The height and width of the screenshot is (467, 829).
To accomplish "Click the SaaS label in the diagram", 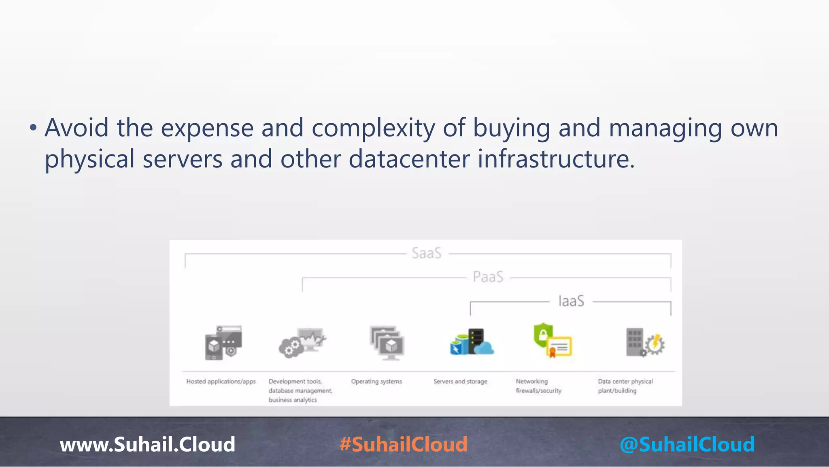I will click(426, 253).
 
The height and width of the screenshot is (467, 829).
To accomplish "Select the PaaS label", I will click(488, 277).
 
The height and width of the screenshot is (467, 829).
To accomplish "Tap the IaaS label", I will click(571, 301).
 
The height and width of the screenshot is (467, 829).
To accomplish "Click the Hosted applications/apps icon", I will click(223, 343).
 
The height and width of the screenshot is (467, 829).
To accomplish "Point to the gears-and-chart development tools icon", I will click(302, 343).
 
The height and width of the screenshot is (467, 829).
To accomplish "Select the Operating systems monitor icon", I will click(387, 343).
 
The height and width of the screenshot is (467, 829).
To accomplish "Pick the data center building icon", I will click(645, 343).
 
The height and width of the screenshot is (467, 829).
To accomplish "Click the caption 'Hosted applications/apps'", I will click(221, 381).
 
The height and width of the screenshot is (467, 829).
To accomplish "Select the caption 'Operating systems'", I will click(376, 381).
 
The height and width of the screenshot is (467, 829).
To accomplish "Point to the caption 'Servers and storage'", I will click(460, 381).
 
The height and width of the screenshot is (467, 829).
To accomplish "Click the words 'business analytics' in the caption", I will click(293, 400).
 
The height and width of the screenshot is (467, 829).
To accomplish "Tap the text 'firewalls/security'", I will click(538, 391).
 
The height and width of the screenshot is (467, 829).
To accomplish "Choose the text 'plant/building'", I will click(617, 391).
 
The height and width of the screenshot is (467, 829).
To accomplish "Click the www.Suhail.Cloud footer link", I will click(147, 444).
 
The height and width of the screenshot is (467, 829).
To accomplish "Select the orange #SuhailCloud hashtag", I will click(404, 444).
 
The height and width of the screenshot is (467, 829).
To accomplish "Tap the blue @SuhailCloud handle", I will click(687, 444).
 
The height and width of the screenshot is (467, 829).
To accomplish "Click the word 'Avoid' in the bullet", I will click(77, 128).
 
